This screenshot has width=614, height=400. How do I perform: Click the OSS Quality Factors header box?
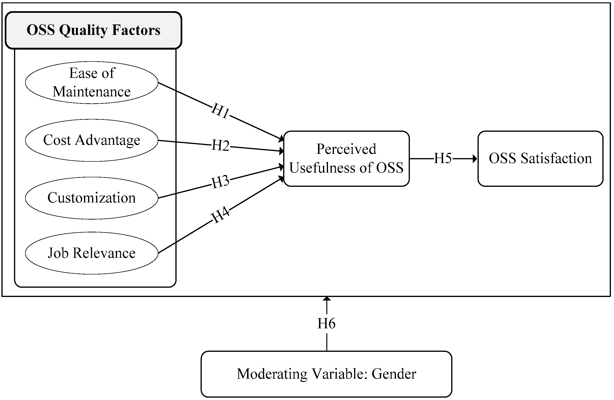93,30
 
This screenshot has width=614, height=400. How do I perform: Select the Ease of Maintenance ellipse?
92,83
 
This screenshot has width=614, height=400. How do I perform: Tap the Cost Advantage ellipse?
92,140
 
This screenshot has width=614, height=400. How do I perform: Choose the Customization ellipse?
92,198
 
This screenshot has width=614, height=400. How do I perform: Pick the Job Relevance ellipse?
92,253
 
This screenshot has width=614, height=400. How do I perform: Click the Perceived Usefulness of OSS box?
346,158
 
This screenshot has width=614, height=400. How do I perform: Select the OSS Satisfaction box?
540,158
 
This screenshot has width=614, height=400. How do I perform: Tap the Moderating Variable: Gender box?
326,374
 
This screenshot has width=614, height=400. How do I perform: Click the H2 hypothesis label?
220,145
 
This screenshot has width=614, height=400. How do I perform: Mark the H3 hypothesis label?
220,182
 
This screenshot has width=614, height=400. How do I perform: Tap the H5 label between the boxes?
443,158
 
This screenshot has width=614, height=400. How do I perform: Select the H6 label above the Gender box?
326,324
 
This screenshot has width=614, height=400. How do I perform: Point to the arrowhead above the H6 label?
327,299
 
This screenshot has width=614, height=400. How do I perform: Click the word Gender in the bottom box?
394,374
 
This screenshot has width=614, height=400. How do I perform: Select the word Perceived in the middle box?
346,149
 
